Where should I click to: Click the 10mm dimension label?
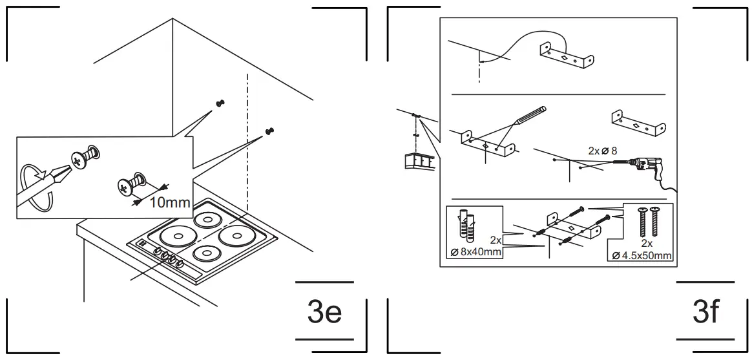point(169,202)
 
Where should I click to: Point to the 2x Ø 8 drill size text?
point(603,151)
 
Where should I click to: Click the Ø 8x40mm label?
point(475,252)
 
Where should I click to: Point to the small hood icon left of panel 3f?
point(417,161)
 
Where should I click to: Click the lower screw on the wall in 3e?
point(269,131)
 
